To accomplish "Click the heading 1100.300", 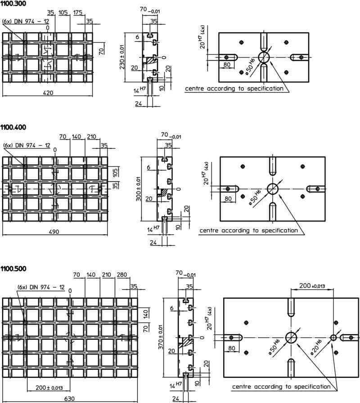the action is pos(13,4).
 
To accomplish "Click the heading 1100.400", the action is pos(13,127).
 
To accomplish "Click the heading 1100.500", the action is pos(13,269).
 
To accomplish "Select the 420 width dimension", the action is pos(48,93).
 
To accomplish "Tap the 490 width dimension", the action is pos(54,232).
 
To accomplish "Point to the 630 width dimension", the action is pos(69,399).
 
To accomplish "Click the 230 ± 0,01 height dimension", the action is pos(122,57).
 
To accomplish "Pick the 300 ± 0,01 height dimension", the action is pos(138,188).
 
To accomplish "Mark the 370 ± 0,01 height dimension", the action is pos(161,337).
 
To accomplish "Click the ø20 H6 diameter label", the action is pos(316,347).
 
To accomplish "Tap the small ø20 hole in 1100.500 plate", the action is pos(333,337).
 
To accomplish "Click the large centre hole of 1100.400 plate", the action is pos(273,189).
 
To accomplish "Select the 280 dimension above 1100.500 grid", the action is pos(122,275).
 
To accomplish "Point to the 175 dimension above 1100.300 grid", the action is pos(78,12).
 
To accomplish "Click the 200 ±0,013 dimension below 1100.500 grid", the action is pos(49,388).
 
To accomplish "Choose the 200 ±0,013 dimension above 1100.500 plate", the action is pos(312,286).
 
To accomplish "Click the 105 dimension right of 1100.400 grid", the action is pos(115,172).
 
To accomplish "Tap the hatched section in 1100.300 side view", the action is pos(151,61).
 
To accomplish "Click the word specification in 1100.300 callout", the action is pos(265,89).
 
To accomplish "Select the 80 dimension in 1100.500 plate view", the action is pos(231,348).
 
